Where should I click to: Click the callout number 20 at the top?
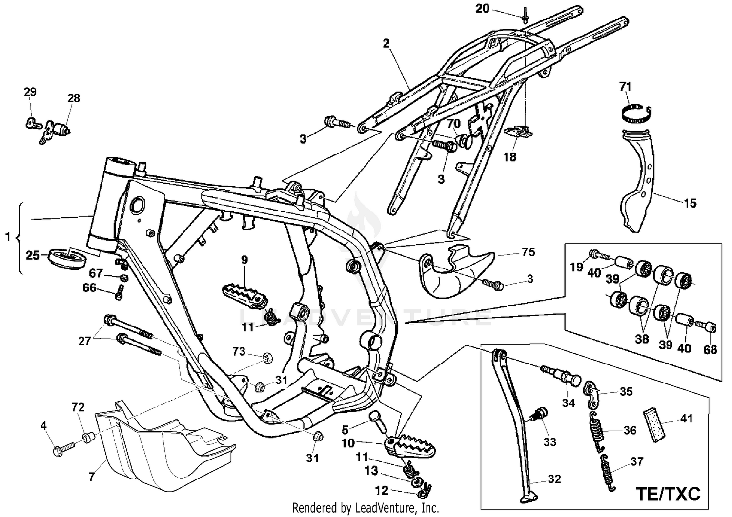click(482, 9)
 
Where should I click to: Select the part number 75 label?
click(528, 252)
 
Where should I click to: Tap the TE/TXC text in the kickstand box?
click(668, 493)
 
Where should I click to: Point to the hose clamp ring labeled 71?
click(636, 114)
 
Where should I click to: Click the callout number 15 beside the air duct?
click(690, 203)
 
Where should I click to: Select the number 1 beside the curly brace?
click(7, 237)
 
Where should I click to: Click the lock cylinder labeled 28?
click(62, 130)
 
